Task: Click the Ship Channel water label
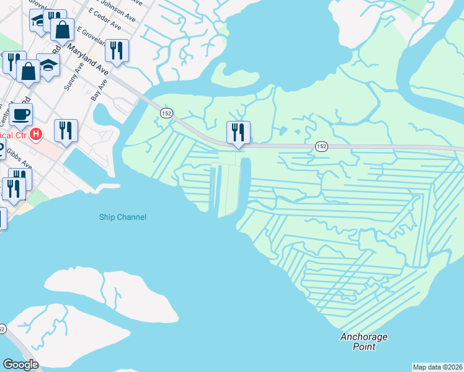(123, 217)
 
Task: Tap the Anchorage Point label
(364, 342)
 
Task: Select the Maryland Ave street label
(87, 60)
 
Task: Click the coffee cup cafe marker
(21, 114)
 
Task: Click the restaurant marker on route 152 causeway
(238, 132)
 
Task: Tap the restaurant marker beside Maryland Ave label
(117, 50)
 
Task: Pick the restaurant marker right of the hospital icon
(66, 130)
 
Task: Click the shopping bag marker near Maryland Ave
(62, 29)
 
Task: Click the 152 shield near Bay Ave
(166, 113)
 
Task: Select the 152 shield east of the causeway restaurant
(321, 146)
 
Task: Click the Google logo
(20, 365)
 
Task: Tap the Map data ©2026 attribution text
(437, 367)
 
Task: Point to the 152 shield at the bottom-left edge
(2, 328)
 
